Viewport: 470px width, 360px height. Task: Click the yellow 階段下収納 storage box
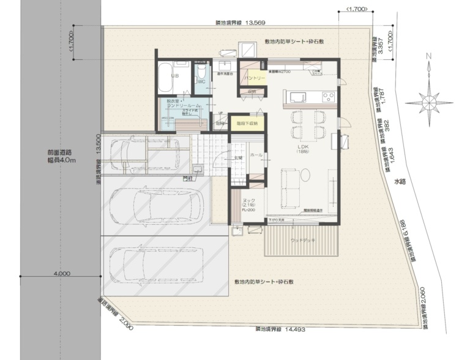click(247, 123)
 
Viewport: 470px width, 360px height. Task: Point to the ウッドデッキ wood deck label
click(303, 241)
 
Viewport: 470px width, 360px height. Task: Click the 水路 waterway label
click(400, 181)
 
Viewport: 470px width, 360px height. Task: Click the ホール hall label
click(256, 155)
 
